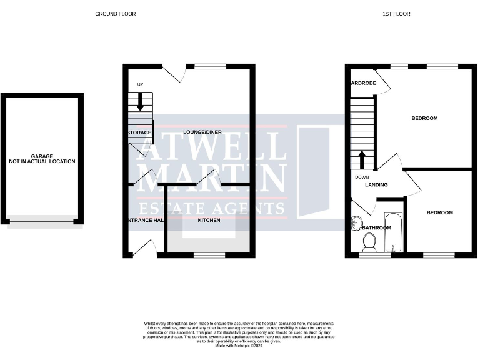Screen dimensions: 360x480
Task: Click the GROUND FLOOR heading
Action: click(115, 14)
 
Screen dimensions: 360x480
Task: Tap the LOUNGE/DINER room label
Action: click(202, 132)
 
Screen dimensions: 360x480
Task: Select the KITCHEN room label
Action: click(209, 220)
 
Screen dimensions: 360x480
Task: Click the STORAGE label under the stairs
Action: click(139, 133)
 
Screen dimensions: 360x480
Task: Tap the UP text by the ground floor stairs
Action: click(141, 85)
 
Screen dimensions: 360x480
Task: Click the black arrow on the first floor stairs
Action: click(362, 159)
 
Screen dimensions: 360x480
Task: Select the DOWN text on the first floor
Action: click(362, 177)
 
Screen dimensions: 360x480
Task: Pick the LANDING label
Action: click(376, 185)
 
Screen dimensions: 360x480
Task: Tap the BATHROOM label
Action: click(376, 228)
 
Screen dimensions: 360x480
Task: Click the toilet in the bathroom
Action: click(369, 242)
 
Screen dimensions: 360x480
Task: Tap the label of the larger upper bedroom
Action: click(424, 118)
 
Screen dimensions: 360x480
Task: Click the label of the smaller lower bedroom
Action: click(439, 213)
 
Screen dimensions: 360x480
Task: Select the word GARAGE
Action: click(42, 156)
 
